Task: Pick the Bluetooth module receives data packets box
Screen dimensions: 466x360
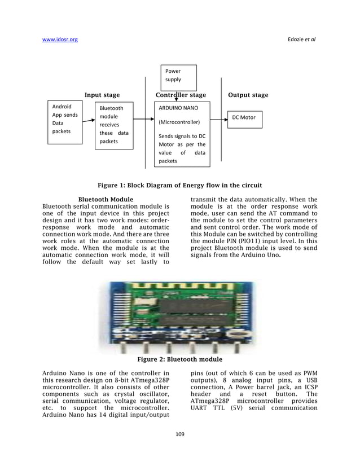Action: pos(114,125)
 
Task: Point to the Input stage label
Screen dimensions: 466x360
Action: pos(102,95)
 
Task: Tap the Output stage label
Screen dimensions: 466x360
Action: pos(248,95)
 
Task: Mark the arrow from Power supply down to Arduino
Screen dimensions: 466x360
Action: pos(176,96)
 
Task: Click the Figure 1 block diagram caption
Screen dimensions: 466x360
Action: pos(179,185)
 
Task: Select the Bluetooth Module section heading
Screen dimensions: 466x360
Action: pos(106,199)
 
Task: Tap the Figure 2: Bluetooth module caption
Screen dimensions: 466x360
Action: pos(180,359)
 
